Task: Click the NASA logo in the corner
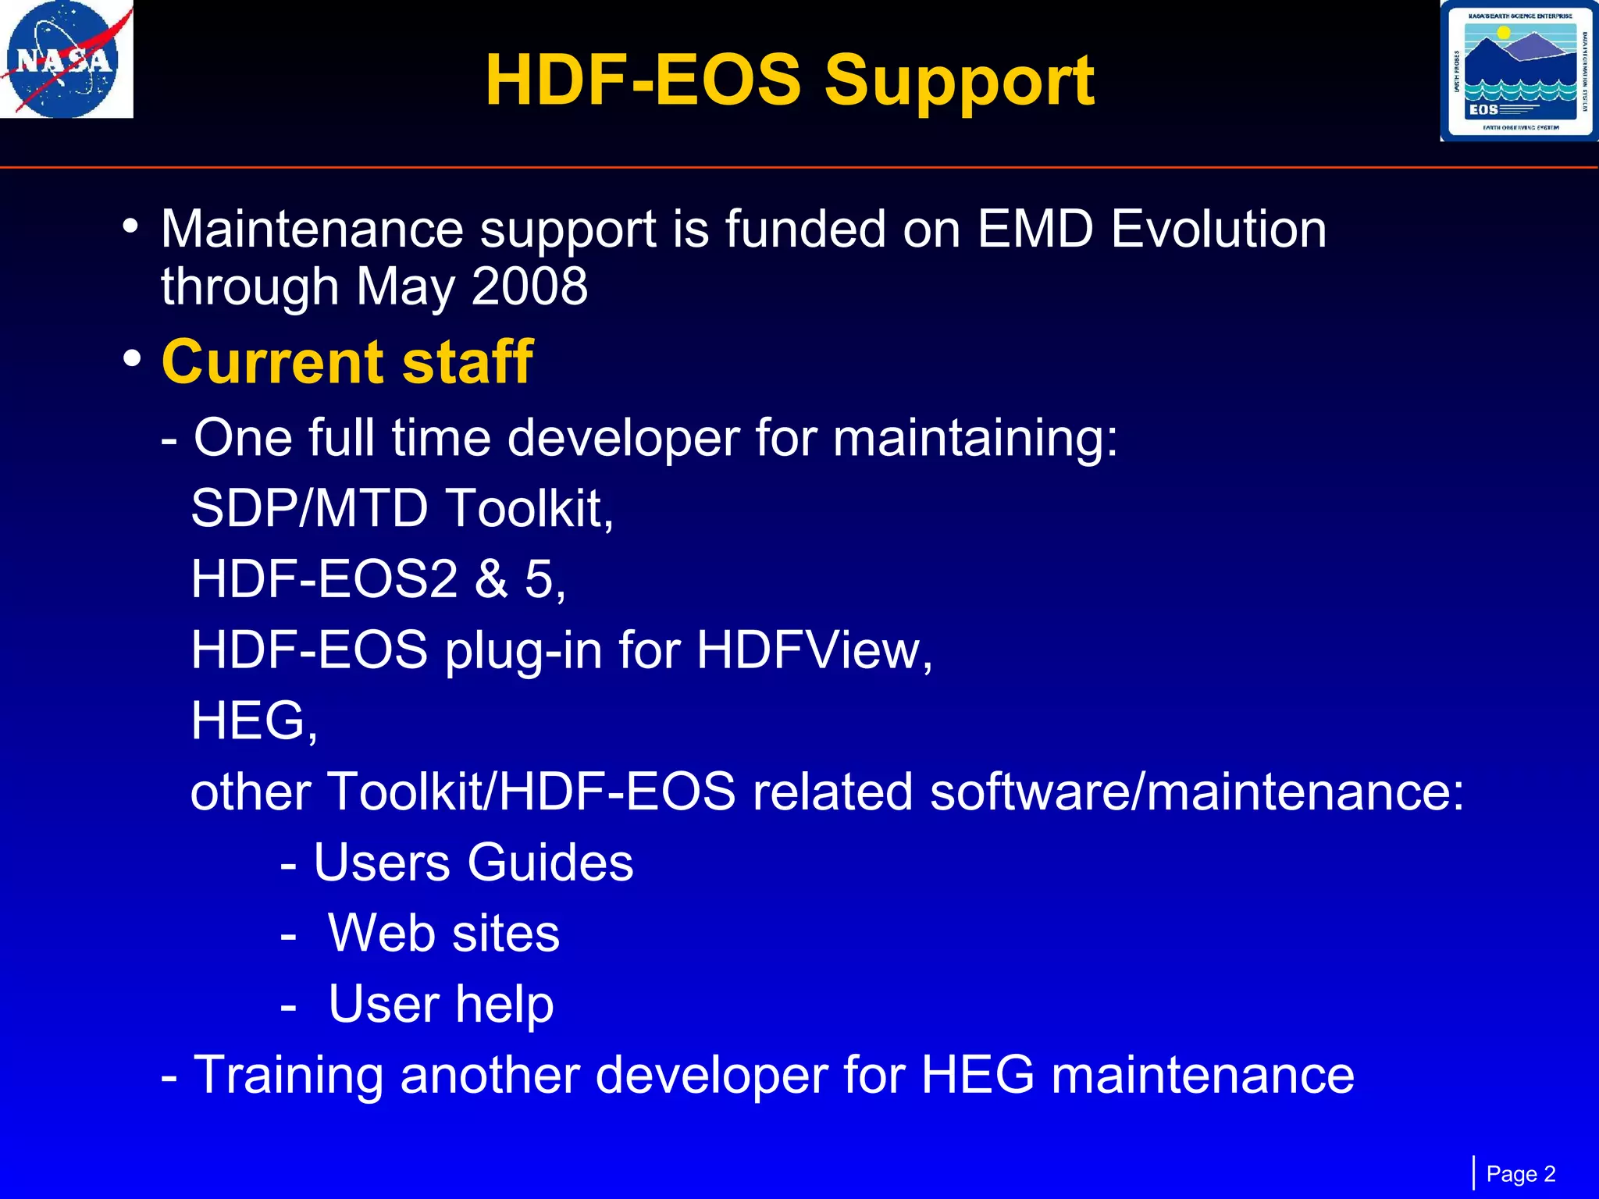tap(66, 59)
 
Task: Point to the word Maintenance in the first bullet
tap(312, 229)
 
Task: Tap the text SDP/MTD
tap(309, 508)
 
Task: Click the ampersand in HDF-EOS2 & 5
tap(491, 579)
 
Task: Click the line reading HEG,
tap(254, 720)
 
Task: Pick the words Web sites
tap(443, 934)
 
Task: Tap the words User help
tap(441, 1005)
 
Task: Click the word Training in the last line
tap(288, 1076)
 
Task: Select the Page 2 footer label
tap(1520, 1174)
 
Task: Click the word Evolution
tap(1218, 229)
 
